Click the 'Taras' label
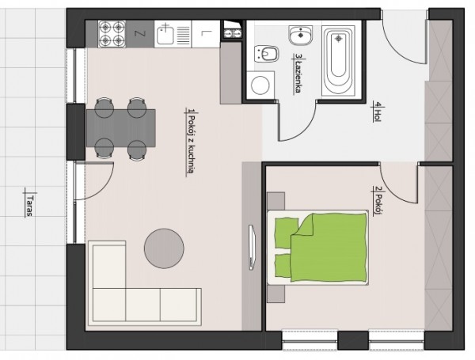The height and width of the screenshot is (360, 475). pyautogui.click(x=29, y=206)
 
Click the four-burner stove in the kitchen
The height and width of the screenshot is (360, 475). pyautogui.click(x=112, y=33)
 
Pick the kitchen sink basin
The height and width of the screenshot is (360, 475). pyautogui.click(x=165, y=34)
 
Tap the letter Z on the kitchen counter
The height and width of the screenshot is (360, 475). pyautogui.click(x=139, y=33)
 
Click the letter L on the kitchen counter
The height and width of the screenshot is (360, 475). pyautogui.click(x=204, y=32)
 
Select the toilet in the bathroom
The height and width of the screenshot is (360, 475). pyautogui.click(x=266, y=54)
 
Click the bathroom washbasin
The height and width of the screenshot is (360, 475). pyautogui.click(x=301, y=35)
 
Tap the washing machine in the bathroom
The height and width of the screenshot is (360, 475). pyautogui.click(x=260, y=85)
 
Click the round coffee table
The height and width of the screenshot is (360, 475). pyautogui.click(x=164, y=248)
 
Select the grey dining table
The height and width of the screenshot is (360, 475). pyautogui.click(x=121, y=128)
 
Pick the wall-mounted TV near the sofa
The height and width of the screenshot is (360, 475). pyautogui.click(x=252, y=247)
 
